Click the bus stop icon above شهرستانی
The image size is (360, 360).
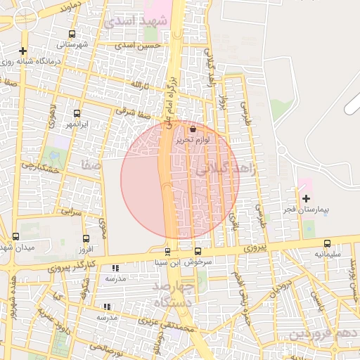pyautogui.click(x=72, y=34)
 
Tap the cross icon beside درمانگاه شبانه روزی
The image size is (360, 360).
pyautogui.click(x=24, y=51)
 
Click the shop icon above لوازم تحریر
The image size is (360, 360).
pyautogui.click(x=193, y=129)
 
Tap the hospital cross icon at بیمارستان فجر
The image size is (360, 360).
pyautogui.click(x=305, y=199)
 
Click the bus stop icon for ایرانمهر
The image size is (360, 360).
pyautogui.click(x=77, y=113)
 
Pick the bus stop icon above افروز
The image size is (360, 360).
pyautogui.click(x=86, y=239)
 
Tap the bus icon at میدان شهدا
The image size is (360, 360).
pyautogui.click(x=16, y=236)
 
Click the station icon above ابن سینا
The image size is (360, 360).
pyautogui.click(x=167, y=252)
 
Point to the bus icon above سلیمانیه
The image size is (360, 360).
pyautogui.click(x=328, y=243)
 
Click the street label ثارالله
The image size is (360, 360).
pyautogui.click(x=140, y=85)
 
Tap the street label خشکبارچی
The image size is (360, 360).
pyautogui.click(x=38, y=167)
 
